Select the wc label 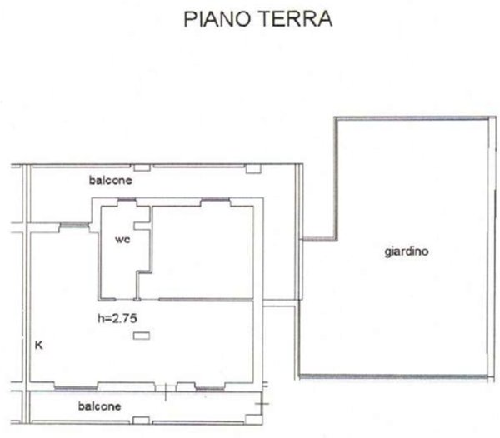122,238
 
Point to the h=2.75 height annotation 116,317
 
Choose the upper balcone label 111,180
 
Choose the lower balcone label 100,406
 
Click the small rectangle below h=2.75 142,336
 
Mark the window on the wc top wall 126,202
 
